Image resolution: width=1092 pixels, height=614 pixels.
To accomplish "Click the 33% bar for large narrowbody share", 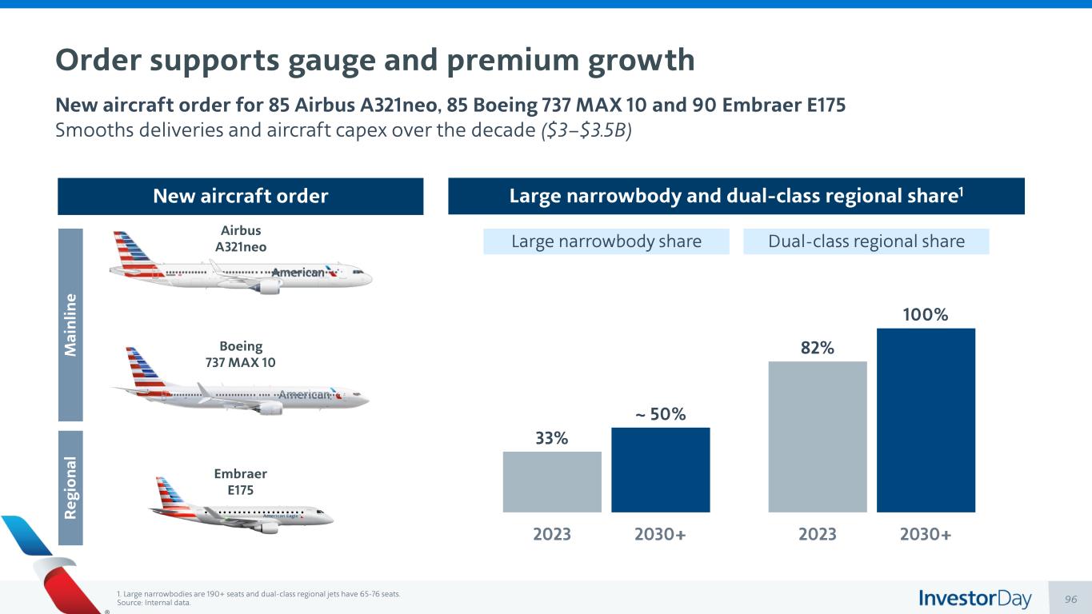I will pos(552,481).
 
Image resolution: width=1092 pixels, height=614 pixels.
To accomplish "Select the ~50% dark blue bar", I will pos(660,469).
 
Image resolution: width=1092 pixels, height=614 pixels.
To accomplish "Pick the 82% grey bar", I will pos(817,437).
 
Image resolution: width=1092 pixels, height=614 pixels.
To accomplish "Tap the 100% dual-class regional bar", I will pos(926,420).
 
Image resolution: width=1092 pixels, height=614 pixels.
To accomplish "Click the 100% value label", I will pos(926,315).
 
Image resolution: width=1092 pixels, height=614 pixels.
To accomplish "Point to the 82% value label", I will pos(817,349).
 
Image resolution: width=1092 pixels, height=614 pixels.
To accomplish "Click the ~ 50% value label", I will pos(660,415).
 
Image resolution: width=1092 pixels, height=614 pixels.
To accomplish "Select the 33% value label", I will pos(552,439).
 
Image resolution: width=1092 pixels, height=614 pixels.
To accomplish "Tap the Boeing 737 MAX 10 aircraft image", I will pos(240,387).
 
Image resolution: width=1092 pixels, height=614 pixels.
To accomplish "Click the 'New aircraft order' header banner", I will pos(240,196).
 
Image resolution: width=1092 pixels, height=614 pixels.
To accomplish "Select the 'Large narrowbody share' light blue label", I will pos(606,241).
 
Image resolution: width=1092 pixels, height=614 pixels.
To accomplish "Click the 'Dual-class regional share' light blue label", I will pos(866,241).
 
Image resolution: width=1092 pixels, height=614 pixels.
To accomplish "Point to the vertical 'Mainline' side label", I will pos(70,325).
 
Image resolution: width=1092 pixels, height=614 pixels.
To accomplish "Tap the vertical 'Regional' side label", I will pos(70,488).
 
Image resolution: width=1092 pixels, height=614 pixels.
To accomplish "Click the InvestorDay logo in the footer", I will pos(974,598).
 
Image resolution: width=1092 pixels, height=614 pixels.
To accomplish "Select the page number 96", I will pos(1072,599).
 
